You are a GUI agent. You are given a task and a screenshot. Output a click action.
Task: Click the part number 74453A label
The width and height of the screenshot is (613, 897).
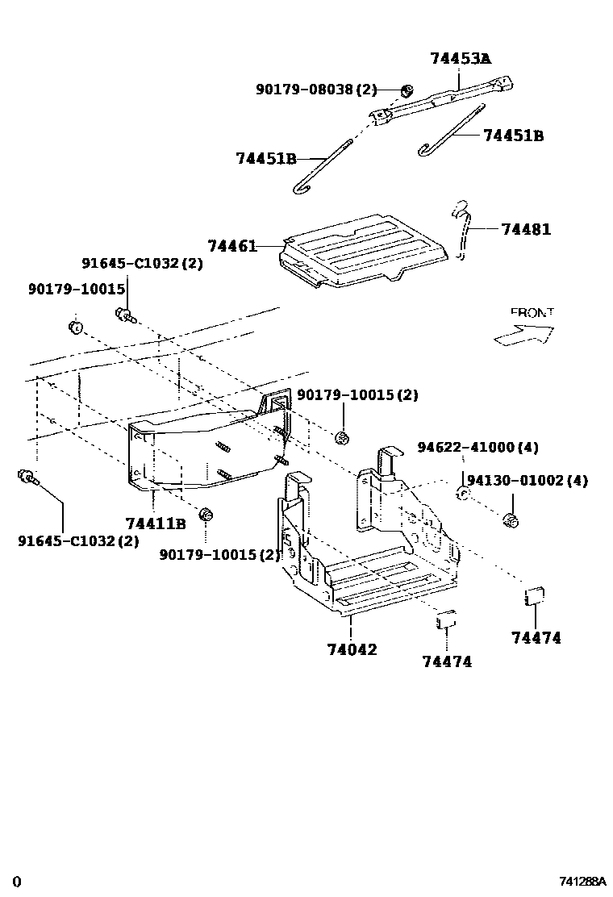460,59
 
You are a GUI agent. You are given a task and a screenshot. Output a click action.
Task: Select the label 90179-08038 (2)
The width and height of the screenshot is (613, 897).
316,90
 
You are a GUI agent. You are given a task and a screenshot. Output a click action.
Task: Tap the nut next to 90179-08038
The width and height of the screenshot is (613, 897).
407,90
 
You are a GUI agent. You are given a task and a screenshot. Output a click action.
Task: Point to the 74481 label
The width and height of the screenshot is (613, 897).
525,229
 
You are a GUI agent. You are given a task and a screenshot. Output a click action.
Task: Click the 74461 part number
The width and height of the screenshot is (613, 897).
231,246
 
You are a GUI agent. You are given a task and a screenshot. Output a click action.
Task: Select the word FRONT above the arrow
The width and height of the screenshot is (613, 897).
532,312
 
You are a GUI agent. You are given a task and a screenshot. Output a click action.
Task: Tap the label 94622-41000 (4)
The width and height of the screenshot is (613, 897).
477,448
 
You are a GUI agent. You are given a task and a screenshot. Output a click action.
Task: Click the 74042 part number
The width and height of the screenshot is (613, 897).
352,649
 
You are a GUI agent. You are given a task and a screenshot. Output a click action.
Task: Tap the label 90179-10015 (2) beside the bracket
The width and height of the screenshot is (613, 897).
357,395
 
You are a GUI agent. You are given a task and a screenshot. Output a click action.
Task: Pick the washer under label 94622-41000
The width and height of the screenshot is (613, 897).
463,493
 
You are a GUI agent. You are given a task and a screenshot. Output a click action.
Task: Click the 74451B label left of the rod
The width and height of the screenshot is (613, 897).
266,158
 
